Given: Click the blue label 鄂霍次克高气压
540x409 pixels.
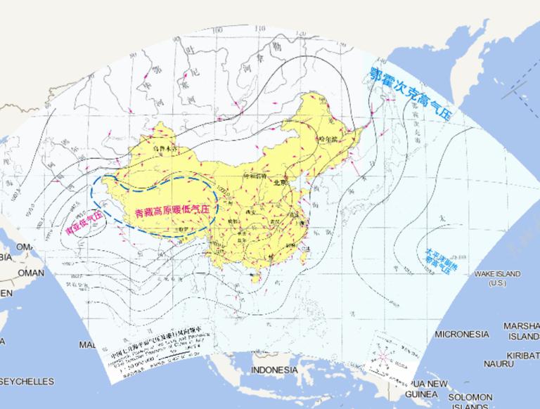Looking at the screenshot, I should tap(412, 94).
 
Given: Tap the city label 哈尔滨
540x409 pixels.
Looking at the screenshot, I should tap(328, 138).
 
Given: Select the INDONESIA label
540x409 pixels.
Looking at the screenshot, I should tap(275, 370).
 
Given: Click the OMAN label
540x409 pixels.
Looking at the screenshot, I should tap(30, 273).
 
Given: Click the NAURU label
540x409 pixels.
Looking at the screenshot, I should tap(499, 363).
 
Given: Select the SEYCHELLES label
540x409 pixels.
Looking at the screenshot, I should tap(27, 381).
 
